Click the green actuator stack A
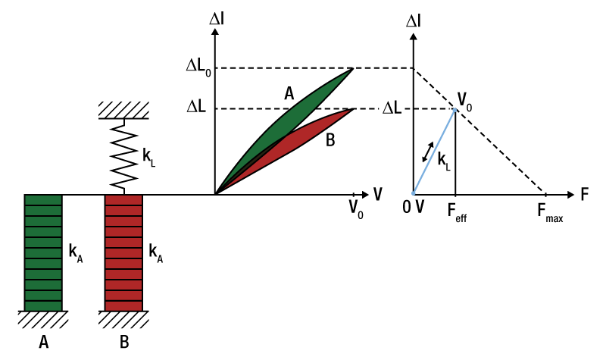43,252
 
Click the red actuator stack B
123,252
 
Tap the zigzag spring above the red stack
123,157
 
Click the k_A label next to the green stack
76,253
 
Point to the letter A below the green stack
44,342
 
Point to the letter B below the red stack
124,342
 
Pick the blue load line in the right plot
433,152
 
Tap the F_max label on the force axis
548,214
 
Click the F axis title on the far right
585,194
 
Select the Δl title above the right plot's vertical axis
414,21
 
